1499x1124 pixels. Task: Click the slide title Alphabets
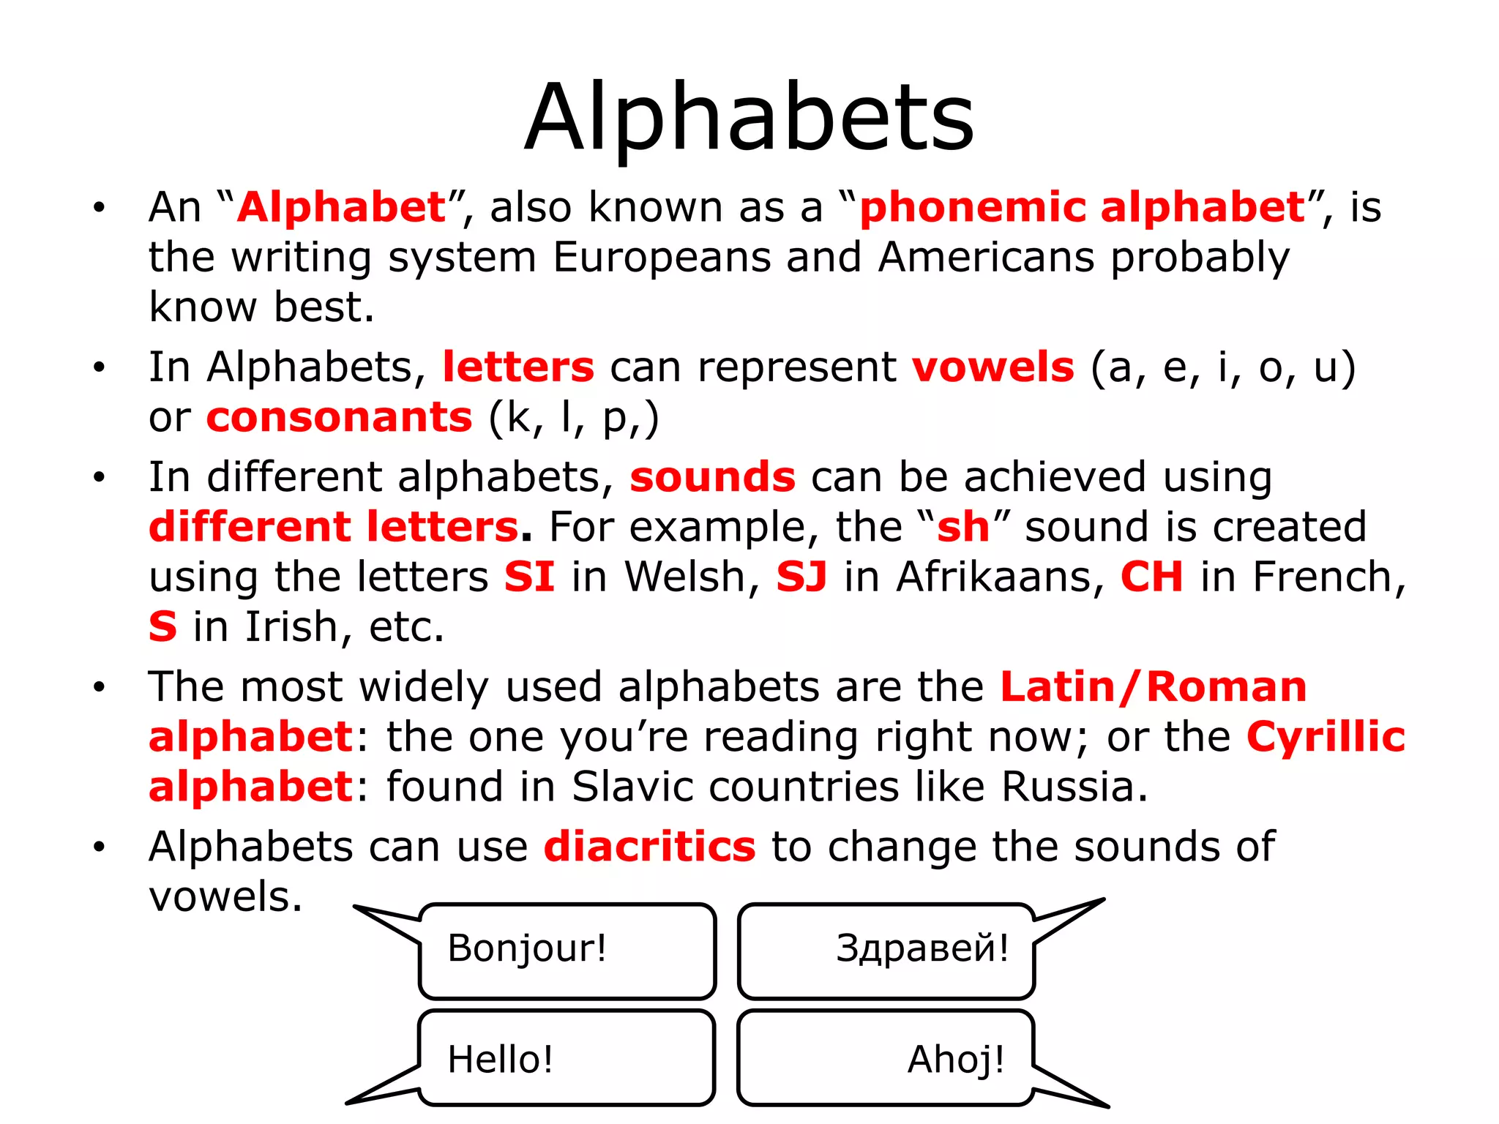click(x=749, y=117)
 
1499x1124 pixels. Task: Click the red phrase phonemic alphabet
click(x=1082, y=207)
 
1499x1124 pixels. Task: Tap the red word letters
click(x=518, y=367)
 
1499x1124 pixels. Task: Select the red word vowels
click(x=993, y=367)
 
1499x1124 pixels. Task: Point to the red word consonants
click(x=339, y=417)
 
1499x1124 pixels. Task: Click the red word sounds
click(x=712, y=477)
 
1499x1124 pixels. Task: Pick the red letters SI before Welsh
click(x=528, y=577)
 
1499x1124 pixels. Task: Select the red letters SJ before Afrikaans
click(x=801, y=577)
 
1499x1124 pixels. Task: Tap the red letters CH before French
click(x=1151, y=577)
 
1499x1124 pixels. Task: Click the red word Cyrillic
click(x=1326, y=736)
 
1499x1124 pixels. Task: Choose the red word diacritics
click(x=649, y=847)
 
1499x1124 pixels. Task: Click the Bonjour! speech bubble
click(x=567, y=951)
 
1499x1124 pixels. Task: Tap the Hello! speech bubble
click(x=567, y=1058)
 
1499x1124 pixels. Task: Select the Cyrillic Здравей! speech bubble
click(x=886, y=951)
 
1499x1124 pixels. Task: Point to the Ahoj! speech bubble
click(x=886, y=1058)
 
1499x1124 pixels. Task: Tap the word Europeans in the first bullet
click(x=661, y=258)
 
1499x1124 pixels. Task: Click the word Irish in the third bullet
click(x=290, y=627)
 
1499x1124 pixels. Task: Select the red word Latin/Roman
click(x=1153, y=687)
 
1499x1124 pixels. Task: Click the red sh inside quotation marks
click(x=963, y=527)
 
